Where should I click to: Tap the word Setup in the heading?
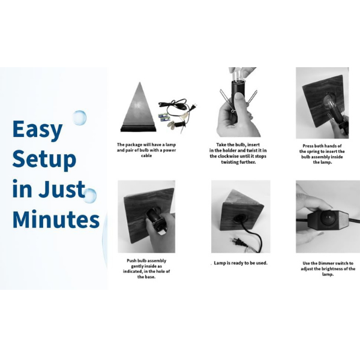pyautogui.click(x=44, y=159)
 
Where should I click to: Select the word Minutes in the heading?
pyautogui.click(x=56, y=218)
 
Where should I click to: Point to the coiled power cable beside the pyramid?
pyautogui.click(x=176, y=108)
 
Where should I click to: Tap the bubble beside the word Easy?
pyautogui.click(x=79, y=118)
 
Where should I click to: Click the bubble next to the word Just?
pyautogui.click(x=89, y=196)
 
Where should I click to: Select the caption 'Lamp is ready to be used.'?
pyautogui.click(x=241, y=263)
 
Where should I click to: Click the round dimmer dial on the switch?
pyautogui.click(x=328, y=217)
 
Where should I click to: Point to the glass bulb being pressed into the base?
pyautogui.click(x=330, y=102)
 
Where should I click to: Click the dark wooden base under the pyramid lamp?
pyautogui.click(x=139, y=128)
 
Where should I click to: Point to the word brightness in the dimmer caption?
pyautogui.click(x=332, y=269)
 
